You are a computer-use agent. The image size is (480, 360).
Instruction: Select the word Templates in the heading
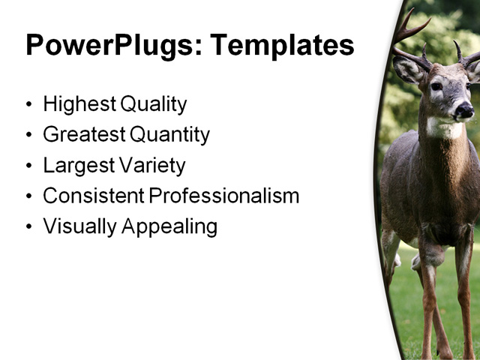pos(282,46)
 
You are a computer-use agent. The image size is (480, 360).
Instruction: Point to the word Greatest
pos(83,135)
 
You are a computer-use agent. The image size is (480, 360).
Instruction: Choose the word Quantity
pos(169,135)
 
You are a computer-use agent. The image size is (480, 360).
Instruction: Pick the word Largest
pos(74,165)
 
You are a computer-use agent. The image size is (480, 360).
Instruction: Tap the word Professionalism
pos(223,196)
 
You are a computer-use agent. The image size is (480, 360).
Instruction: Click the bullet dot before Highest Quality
pos(29,105)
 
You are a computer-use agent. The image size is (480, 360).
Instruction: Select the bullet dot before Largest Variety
pos(29,166)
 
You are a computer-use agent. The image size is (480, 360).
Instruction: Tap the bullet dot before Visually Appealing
pos(29,227)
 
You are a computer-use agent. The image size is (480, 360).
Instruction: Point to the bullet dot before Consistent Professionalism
pos(29,196)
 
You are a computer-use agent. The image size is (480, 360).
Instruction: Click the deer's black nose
pos(463,111)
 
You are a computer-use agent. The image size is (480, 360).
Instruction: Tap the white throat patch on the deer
pos(445,129)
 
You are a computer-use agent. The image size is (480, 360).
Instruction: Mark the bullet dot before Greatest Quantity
pos(29,136)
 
